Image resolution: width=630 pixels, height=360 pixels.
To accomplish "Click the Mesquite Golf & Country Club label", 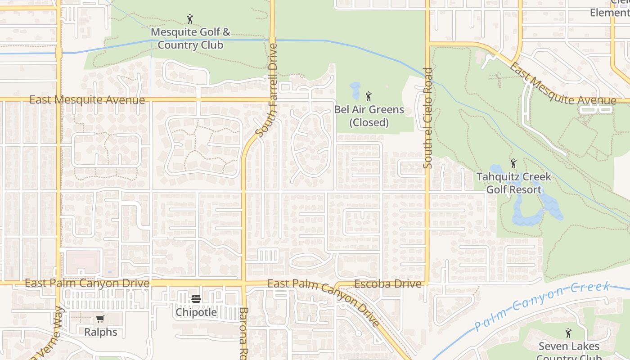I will pyautogui.click(x=190, y=39).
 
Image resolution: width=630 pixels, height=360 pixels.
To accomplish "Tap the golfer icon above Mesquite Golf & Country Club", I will pyautogui.click(x=190, y=19).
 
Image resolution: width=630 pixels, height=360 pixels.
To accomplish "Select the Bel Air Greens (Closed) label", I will pyautogui.click(x=369, y=116).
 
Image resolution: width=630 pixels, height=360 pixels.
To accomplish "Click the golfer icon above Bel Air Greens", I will pyautogui.click(x=369, y=96).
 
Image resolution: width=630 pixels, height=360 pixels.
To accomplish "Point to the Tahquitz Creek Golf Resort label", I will pyautogui.click(x=514, y=183).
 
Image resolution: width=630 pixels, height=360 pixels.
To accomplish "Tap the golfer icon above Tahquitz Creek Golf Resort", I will pyautogui.click(x=513, y=163).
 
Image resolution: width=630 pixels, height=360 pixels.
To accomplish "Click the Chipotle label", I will pyautogui.click(x=196, y=312).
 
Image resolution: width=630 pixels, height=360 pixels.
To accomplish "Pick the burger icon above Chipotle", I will pyautogui.click(x=196, y=299).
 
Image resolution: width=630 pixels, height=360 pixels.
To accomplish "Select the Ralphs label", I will pyautogui.click(x=101, y=332).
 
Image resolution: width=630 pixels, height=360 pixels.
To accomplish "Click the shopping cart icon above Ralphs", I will pyautogui.click(x=100, y=319).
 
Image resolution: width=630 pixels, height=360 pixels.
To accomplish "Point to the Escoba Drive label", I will pyautogui.click(x=388, y=284).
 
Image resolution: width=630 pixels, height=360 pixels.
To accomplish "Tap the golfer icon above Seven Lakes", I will pyautogui.click(x=568, y=333).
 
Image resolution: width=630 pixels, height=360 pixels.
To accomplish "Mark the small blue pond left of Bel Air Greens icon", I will pyautogui.click(x=355, y=90).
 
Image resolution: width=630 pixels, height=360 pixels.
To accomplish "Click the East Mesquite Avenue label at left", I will pyautogui.click(x=87, y=99).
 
